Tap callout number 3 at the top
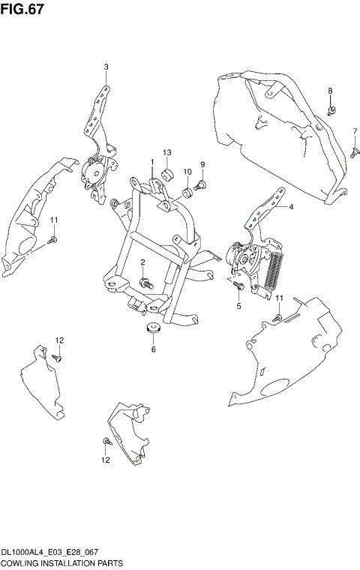(106, 67)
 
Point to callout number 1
(151, 162)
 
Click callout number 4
(291, 206)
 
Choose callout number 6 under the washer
(153, 349)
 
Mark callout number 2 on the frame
(142, 261)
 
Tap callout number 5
(238, 305)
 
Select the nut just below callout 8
(331, 113)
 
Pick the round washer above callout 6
(153, 328)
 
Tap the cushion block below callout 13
(168, 175)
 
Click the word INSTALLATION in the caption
(67, 562)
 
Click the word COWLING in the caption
(19, 562)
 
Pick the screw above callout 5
(238, 285)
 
